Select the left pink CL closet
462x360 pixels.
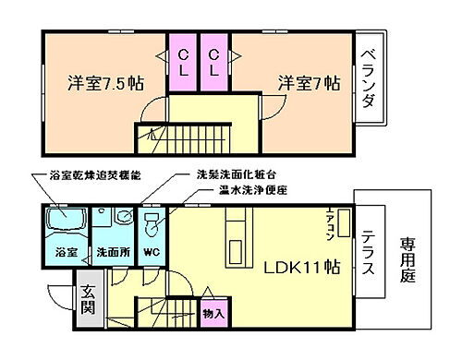point(181,62)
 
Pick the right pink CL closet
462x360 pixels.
point(213,62)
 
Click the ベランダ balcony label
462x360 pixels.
point(367,78)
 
